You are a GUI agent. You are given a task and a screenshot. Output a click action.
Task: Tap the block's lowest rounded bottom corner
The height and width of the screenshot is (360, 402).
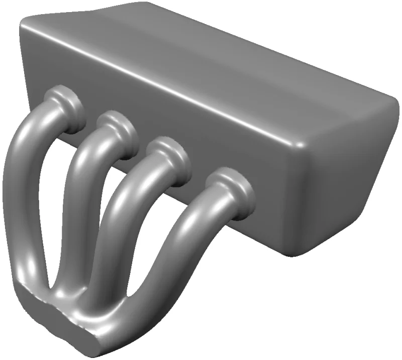pos(296,251)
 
